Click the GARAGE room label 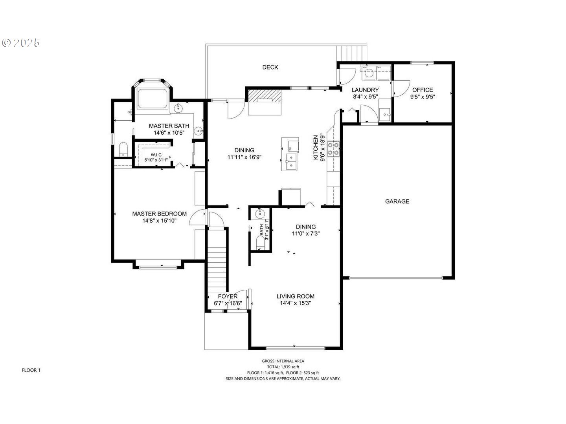tap(397, 201)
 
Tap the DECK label tap(270, 67)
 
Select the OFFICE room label tap(423, 90)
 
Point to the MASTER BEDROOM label tap(159, 214)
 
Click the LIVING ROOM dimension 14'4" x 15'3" tap(295, 303)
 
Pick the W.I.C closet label tap(156, 155)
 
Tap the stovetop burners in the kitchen tap(334, 148)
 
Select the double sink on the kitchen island tap(291, 162)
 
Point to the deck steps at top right tap(352, 53)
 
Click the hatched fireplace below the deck tap(265, 95)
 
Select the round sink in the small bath tap(260, 214)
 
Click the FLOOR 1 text tap(31, 370)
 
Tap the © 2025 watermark tap(21, 43)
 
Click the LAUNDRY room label tap(365, 90)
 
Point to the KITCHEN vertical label tap(315, 148)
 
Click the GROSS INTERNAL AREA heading tap(283, 361)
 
